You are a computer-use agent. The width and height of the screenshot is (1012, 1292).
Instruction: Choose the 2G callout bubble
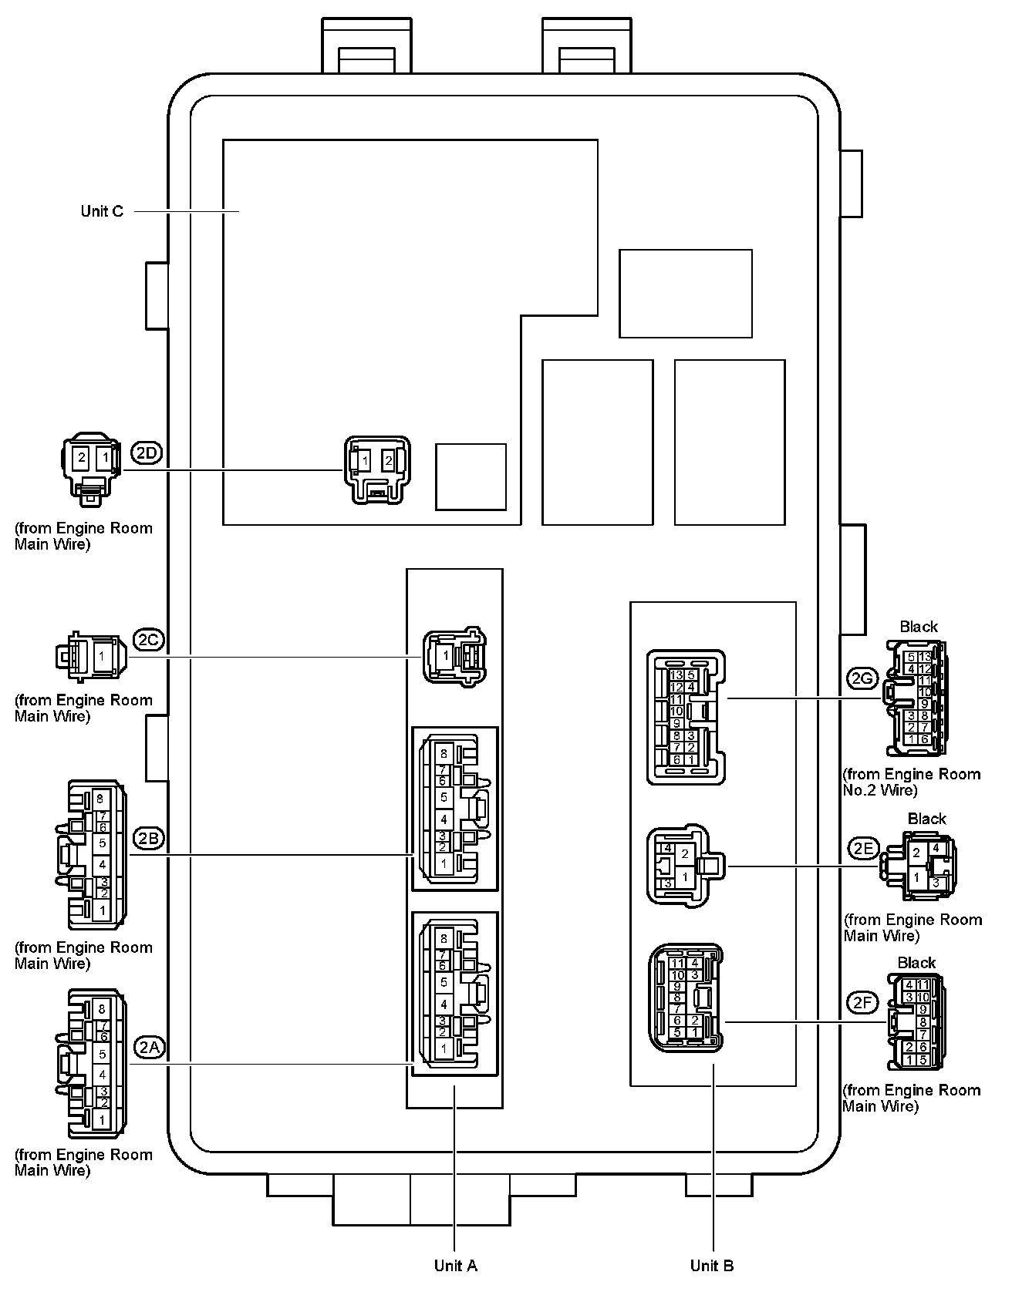tap(862, 678)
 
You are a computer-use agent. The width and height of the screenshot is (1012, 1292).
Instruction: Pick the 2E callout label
tap(863, 849)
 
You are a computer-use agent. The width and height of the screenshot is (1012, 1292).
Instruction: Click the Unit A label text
tap(455, 1265)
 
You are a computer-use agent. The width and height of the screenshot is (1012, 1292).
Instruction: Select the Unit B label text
tap(712, 1265)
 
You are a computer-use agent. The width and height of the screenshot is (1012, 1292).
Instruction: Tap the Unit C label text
tap(102, 211)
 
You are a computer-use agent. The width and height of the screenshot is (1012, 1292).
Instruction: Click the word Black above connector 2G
tap(919, 627)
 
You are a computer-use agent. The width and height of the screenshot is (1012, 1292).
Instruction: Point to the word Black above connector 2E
tap(926, 819)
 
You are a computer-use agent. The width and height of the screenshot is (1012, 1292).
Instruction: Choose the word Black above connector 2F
tap(916, 963)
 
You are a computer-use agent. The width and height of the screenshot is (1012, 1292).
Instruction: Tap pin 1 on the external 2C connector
tap(100, 656)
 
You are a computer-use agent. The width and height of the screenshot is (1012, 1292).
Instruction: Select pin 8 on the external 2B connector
tap(100, 799)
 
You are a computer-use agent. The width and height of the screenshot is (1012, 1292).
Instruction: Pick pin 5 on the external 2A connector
tap(102, 1054)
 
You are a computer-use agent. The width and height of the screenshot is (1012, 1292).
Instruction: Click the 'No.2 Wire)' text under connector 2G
tap(880, 790)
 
